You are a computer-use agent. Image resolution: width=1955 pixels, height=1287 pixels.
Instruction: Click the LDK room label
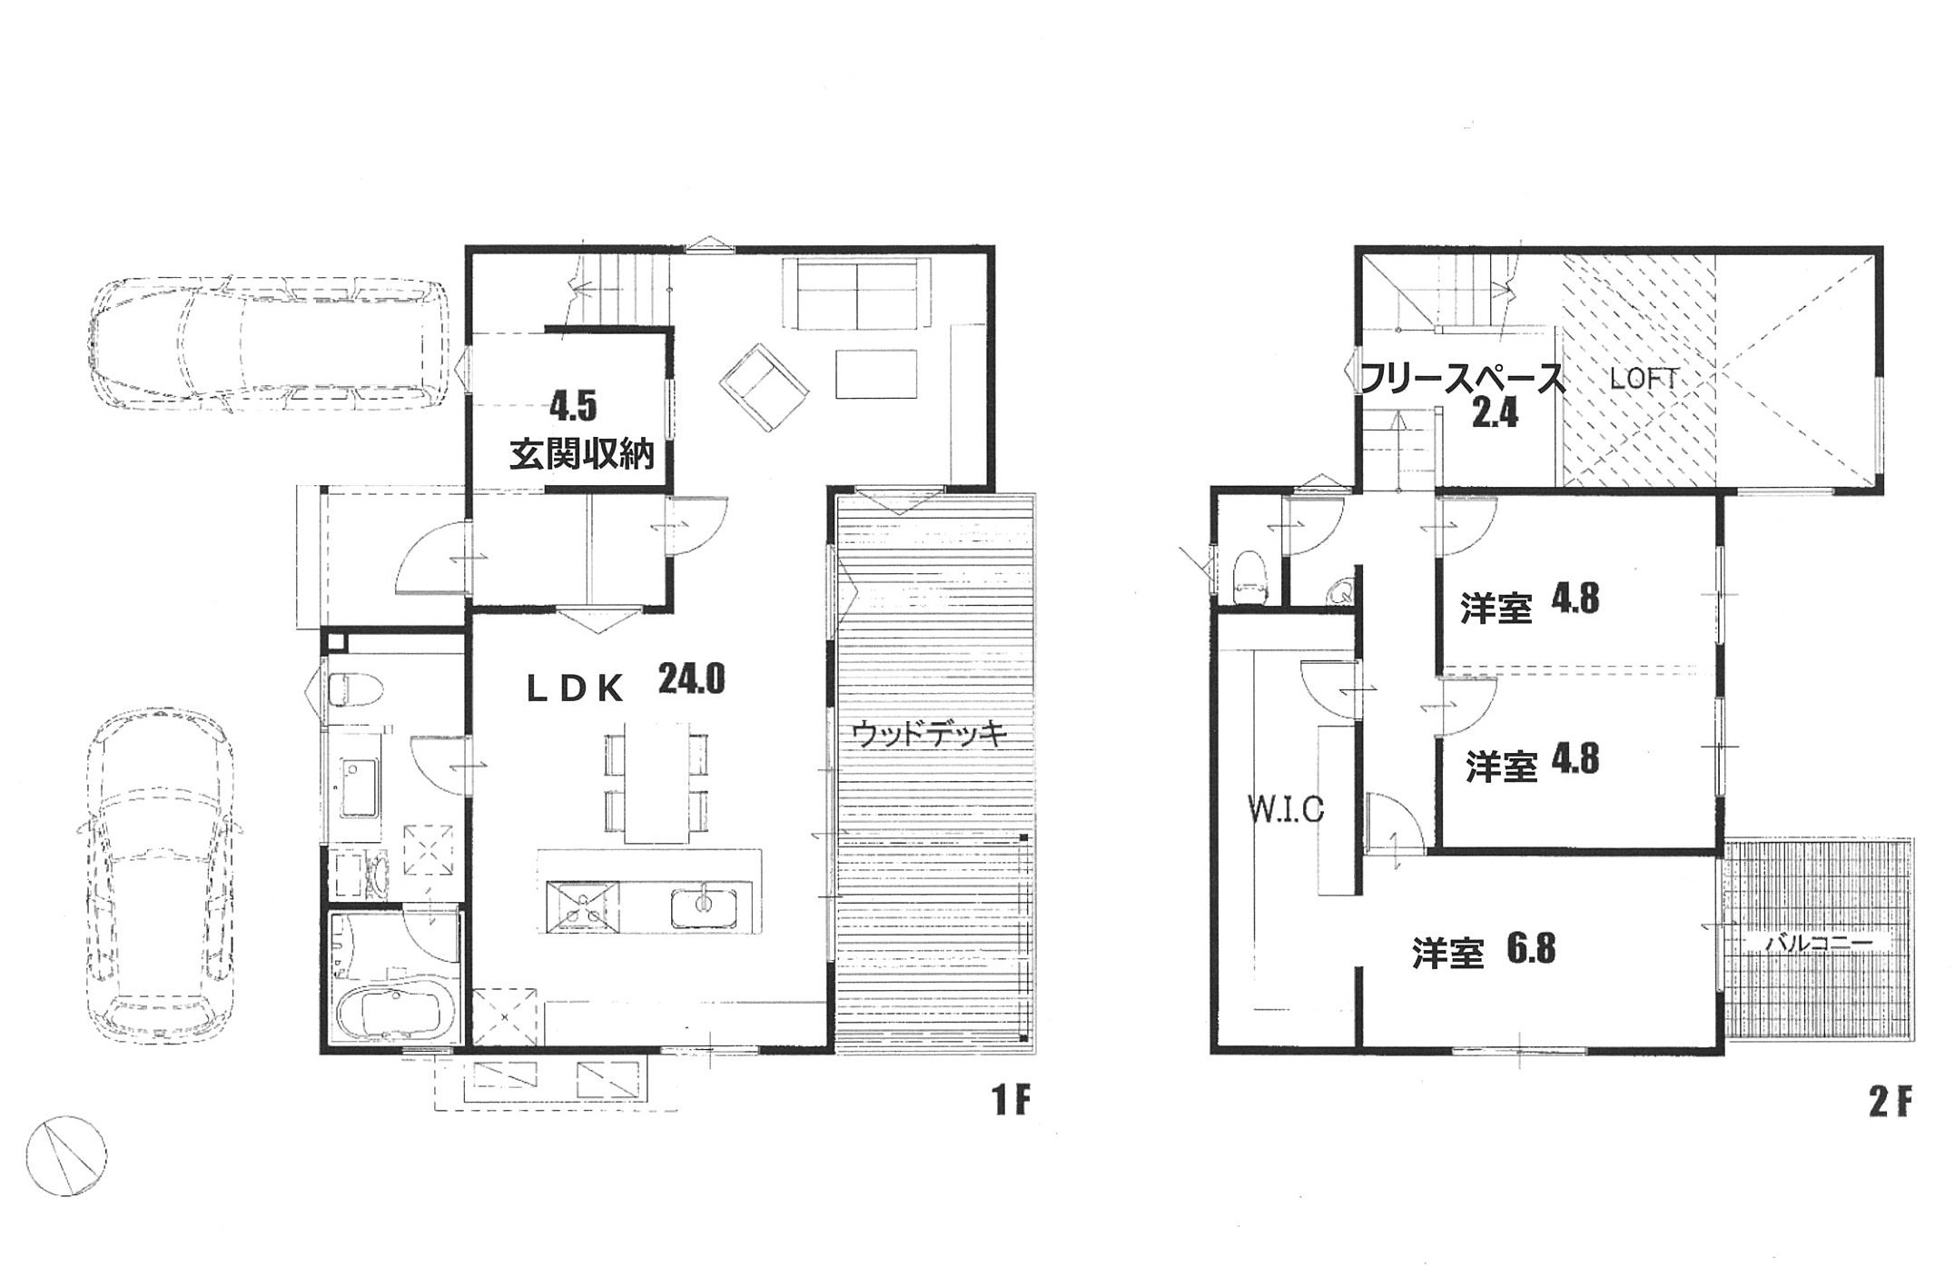(576, 691)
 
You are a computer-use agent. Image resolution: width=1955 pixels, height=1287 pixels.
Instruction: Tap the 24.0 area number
(691, 678)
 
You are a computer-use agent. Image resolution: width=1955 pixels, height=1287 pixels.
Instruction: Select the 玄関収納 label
(581, 454)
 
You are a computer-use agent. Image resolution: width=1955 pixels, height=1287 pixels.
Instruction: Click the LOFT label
(1643, 380)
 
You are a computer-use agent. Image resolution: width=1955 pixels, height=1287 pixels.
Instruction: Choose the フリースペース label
(1461, 378)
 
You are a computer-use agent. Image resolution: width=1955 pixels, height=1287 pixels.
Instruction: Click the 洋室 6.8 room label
(1484, 950)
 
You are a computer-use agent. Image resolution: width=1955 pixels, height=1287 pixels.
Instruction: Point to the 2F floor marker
(1891, 1102)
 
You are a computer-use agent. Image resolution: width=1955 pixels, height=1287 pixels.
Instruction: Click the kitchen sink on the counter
(705, 907)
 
